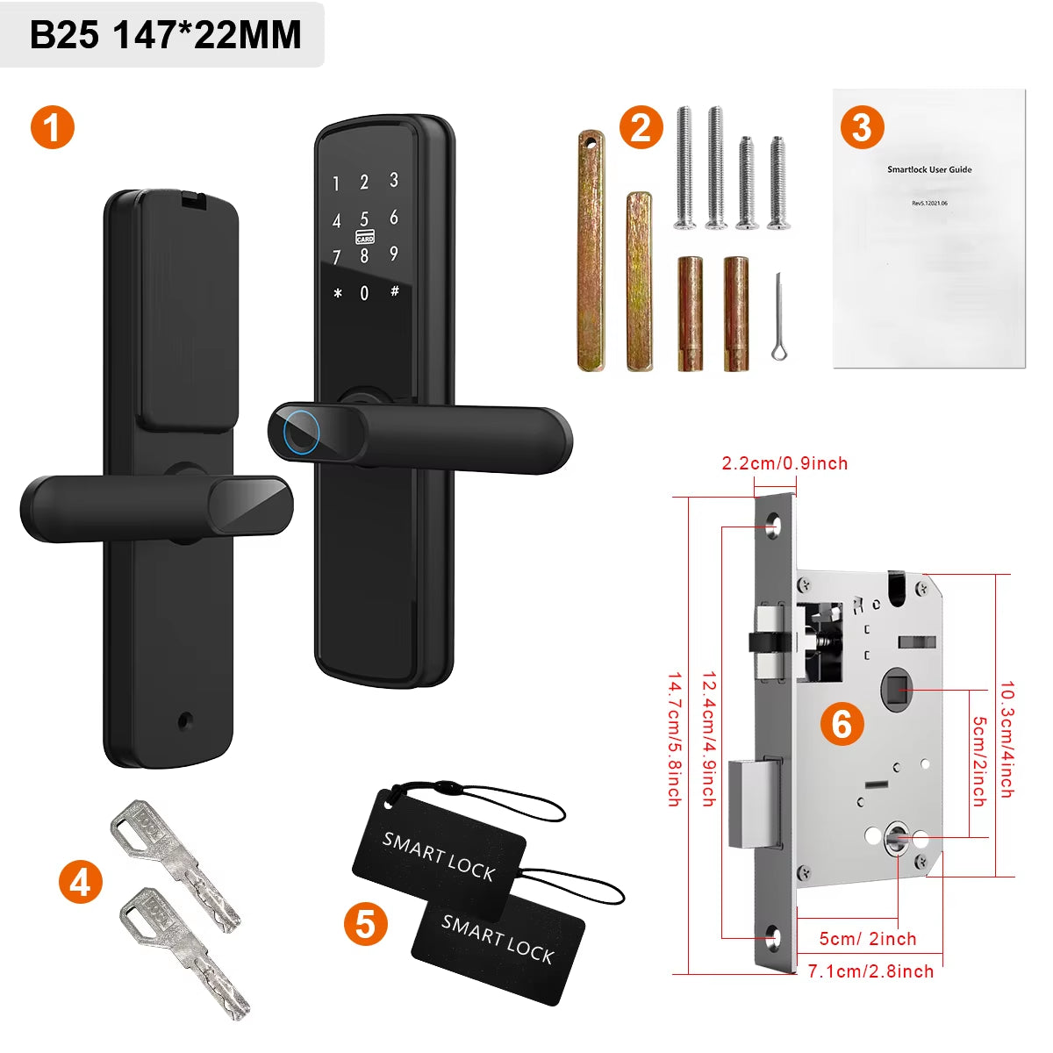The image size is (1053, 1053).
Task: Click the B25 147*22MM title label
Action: (165, 35)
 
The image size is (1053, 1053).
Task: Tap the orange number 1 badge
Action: (53, 128)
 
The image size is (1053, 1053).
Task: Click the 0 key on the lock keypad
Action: (365, 294)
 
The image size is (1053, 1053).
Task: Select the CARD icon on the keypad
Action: (365, 238)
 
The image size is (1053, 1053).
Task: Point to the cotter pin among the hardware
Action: (778, 318)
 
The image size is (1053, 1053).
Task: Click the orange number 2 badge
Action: (641, 128)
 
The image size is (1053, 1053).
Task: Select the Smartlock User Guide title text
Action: (929, 169)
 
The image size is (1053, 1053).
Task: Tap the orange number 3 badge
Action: (862, 128)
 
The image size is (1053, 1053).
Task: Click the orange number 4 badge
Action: (80, 882)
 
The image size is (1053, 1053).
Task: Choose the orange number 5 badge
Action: (365, 924)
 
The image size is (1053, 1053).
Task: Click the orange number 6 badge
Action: (842, 725)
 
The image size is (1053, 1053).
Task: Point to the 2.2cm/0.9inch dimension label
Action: (784, 463)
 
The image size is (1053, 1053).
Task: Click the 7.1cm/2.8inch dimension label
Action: (870, 971)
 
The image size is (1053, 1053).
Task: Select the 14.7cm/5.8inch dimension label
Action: (674, 739)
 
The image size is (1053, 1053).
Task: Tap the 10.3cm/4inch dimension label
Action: (1006, 739)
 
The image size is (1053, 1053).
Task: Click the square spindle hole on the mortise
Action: (896, 691)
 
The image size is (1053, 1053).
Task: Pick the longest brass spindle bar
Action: (591, 251)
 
